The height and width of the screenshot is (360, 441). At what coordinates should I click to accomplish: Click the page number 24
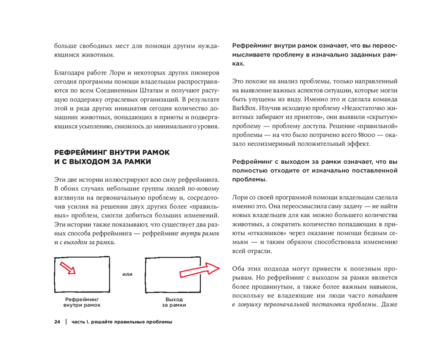57,322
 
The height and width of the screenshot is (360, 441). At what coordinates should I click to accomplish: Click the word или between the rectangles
127,274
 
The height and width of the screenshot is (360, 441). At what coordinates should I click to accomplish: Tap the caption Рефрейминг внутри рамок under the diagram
82,302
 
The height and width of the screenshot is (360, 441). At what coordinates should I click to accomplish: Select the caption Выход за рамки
174,302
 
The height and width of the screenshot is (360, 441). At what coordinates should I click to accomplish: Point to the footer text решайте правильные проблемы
132,322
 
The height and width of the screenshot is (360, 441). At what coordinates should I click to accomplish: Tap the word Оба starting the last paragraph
239,269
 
